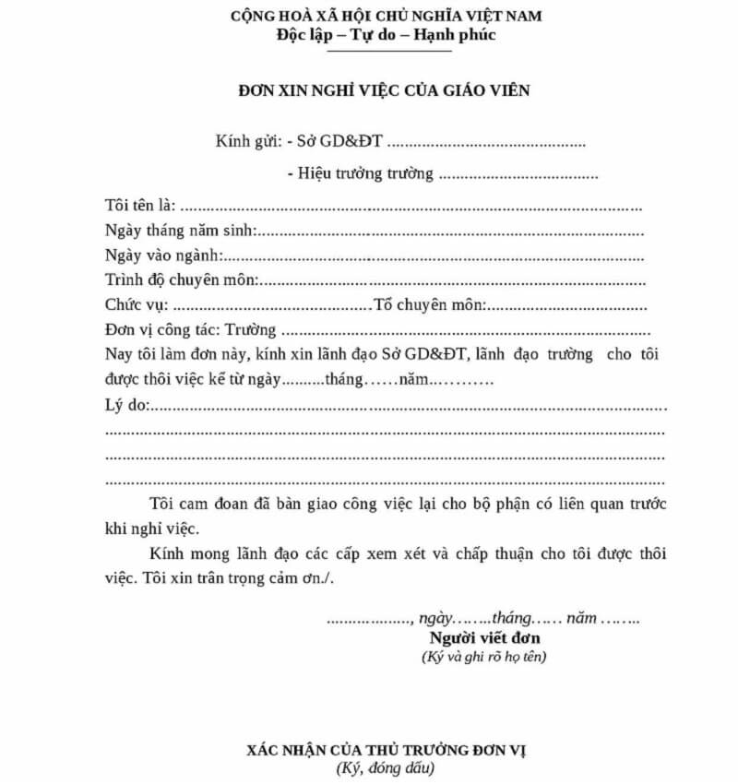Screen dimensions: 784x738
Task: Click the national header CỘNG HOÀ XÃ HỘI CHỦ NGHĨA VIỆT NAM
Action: pyautogui.click(x=387, y=18)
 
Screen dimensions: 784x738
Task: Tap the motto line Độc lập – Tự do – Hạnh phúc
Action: pyautogui.click(x=386, y=35)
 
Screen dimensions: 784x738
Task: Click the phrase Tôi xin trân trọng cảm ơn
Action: pyautogui.click(x=239, y=579)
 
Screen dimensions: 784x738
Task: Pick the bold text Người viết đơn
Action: pyautogui.click(x=484, y=638)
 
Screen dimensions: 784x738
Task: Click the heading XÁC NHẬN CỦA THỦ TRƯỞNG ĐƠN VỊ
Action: pyautogui.click(x=385, y=750)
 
